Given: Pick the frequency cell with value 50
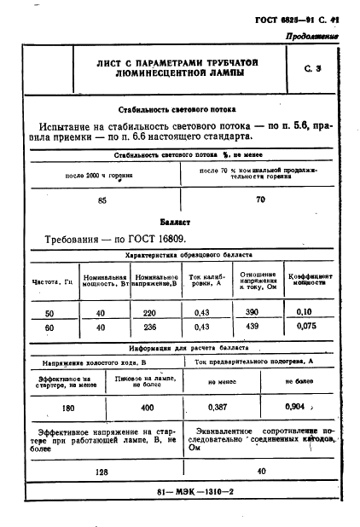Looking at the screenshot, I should click(x=49, y=314).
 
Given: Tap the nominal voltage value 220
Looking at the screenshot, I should click(x=150, y=314).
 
